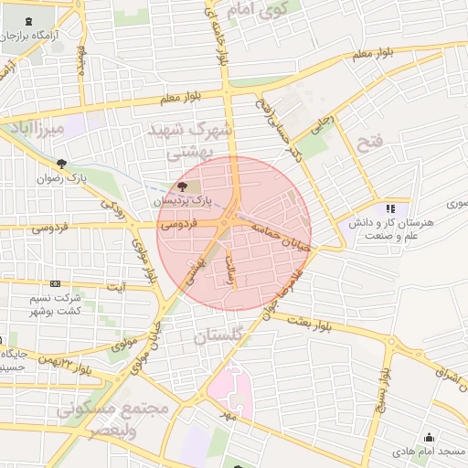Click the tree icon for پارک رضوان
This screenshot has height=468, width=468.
tap(61, 165)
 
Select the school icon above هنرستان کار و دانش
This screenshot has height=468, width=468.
tap(391, 208)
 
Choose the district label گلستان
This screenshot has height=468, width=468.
tap(221, 336)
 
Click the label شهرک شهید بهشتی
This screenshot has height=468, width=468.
tap(193, 142)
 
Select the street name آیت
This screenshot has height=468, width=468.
tap(117, 287)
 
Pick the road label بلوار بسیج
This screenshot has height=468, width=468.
tap(386, 398)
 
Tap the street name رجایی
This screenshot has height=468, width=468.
tap(324, 123)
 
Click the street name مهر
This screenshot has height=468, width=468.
tap(226, 414)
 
